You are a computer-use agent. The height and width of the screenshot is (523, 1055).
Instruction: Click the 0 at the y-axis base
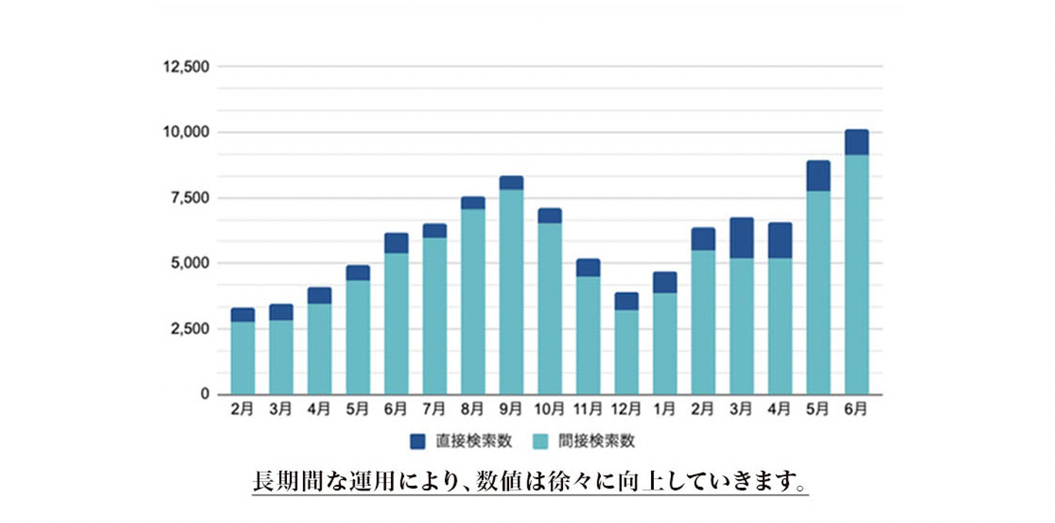tap(204, 394)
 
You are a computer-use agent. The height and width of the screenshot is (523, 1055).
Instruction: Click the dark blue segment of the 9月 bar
tap(511, 183)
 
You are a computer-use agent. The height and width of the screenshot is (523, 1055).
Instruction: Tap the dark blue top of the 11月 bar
tap(588, 268)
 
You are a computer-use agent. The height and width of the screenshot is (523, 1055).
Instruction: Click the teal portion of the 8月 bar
tap(473, 301)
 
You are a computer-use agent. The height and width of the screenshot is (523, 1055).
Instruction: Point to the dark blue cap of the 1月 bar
tap(665, 282)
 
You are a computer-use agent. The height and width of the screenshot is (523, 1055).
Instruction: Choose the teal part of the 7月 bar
tap(434, 315)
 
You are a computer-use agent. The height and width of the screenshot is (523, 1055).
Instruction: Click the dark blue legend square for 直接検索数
tap(418, 441)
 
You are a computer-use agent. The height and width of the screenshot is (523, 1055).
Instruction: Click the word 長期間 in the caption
tap(287, 482)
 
